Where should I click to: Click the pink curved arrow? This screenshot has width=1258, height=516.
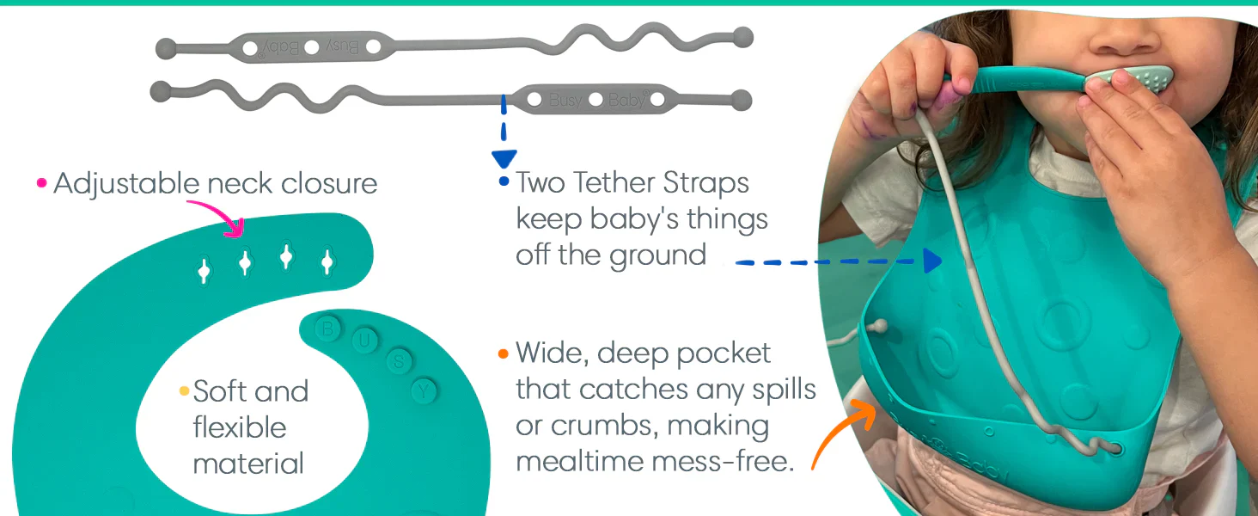tap(222, 211)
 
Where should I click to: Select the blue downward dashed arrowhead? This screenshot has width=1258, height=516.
tap(504, 159)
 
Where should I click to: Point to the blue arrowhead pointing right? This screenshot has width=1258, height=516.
tap(933, 261)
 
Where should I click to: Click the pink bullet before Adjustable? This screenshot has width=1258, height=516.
tap(41, 182)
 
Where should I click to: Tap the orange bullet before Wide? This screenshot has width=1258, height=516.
tap(504, 353)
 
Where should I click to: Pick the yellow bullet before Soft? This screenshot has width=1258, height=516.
tap(184, 390)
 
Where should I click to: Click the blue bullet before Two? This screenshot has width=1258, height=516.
tap(504, 181)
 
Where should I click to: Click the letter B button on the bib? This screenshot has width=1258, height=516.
tap(327, 329)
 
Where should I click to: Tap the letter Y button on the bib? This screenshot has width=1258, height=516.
tap(424, 390)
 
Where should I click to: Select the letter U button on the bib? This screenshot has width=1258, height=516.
tap(364, 340)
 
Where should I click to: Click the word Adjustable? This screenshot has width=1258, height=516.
tap(126, 184)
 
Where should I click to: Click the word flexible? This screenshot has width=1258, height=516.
tap(240, 427)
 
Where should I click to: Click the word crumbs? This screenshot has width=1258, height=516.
tap(603, 426)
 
